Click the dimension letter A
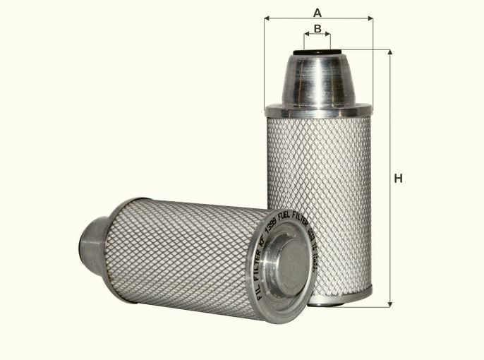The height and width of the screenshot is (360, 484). click(317, 12)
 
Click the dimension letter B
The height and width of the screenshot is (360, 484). click(317, 28)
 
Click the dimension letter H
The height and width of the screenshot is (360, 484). click(398, 179)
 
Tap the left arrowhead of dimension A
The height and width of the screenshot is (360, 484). click(267, 19)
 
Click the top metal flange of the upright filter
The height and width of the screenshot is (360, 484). click(318, 111)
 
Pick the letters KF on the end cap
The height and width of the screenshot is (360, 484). click(263, 244)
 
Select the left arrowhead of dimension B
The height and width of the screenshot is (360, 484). click(307, 35)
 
